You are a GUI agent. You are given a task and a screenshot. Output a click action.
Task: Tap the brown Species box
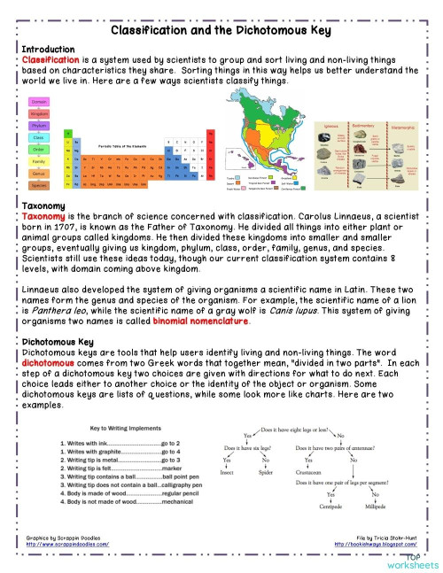pos(39,186)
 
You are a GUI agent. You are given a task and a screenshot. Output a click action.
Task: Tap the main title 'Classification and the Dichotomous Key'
pos(221,32)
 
